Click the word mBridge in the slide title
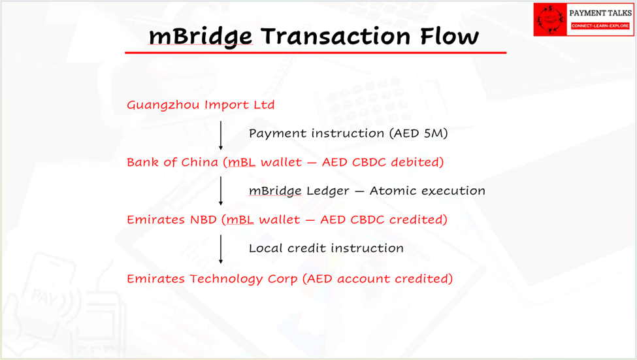[201, 37]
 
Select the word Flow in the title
[449, 36]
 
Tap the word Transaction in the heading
[336, 36]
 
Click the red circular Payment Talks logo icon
[550, 20]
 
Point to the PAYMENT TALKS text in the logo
[600, 13]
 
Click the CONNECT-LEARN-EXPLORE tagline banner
[600, 25]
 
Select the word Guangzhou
[163, 105]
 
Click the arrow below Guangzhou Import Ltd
[221, 135]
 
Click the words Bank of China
[172, 162]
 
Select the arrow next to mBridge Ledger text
[221, 191]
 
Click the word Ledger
[327, 191]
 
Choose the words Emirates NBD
[172, 220]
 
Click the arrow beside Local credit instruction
[221, 249]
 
